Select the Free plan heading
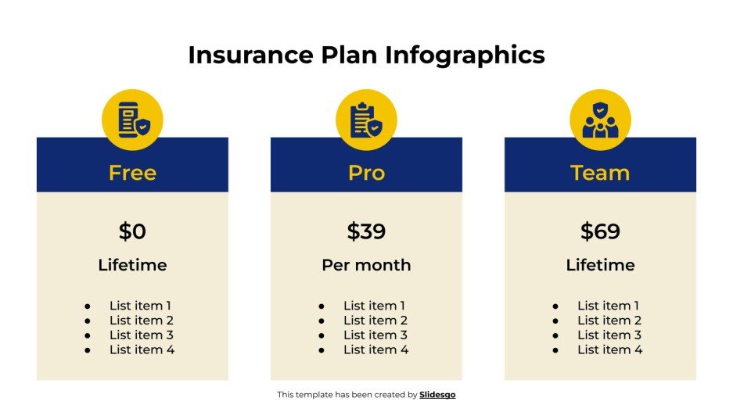pyautogui.click(x=132, y=173)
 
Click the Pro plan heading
pyautogui.click(x=366, y=173)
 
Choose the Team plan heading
pyautogui.click(x=600, y=173)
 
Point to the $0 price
pyautogui.click(x=132, y=231)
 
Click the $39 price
pyautogui.click(x=366, y=231)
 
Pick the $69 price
pyautogui.click(x=600, y=231)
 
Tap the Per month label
pyautogui.click(x=366, y=265)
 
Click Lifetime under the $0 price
pyautogui.click(x=132, y=265)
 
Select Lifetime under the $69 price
pyautogui.click(x=600, y=265)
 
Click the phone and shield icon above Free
pyautogui.click(x=132, y=120)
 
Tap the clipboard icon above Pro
pyautogui.click(x=366, y=120)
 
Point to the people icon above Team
pyautogui.click(x=600, y=120)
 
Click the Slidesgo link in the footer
pyautogui.click(x=437, y=395)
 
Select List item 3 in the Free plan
pyautogui.click(x=142, y=335)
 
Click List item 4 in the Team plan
pyautogui.click(x=609, y=349)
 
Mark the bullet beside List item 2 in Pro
pyautogui.click(x=322, y=321)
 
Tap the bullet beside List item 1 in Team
pyautogui.click(x=555, y=306)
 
